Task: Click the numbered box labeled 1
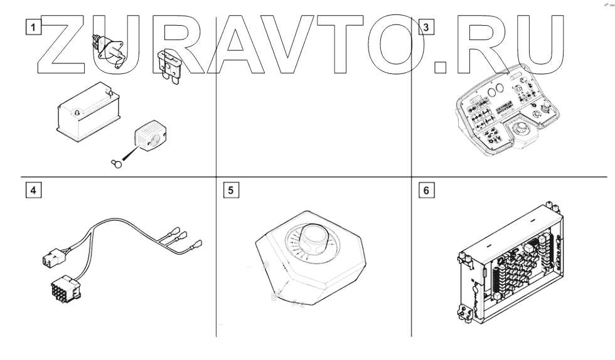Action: [x=33, y=27]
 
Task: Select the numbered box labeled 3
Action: [x=426, y=27]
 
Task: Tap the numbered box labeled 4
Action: [x=33, y=190]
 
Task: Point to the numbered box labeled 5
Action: [x=231, y=190]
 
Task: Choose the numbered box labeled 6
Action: [x=426, y=190]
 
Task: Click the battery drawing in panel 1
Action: [x=88, y=112]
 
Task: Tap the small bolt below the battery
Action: [x=117, y=163]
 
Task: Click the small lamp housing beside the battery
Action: [x=151, y=135]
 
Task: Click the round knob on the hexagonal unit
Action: [x=313, y=238]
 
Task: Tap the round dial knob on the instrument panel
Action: [x=522, y=127]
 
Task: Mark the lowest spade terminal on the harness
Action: [x=195, y=245]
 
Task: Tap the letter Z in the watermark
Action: [x=61, y=45]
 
